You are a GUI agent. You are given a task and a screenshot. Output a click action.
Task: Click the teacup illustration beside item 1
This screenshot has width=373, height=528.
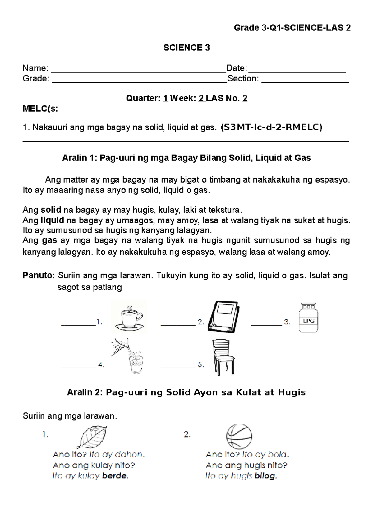click(x=129, y=317)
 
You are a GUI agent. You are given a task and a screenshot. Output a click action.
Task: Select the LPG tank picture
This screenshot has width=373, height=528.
click(x=308, y=318)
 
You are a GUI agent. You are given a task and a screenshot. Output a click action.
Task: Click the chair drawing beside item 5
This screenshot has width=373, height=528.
click(x=223, y=357)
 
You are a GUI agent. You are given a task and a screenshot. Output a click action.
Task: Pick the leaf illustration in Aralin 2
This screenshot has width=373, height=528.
click(x=92, y=437)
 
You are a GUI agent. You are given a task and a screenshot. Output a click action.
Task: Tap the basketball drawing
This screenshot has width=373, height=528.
click(x=239, y=436)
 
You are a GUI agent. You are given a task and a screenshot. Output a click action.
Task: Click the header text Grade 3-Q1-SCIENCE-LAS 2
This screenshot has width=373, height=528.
click(x=292, y=28)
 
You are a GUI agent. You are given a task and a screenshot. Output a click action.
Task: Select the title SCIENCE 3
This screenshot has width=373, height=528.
click(x=186, y=48)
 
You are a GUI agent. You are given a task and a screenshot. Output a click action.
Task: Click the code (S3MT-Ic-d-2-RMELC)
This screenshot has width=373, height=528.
click(x=271, y=127)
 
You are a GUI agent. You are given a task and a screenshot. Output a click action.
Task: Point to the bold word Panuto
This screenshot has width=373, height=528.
click(x=37, y=276)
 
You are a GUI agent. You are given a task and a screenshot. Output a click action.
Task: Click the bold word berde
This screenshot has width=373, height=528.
click(x=114, y=476)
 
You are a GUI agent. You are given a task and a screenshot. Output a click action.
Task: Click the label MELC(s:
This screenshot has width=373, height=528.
click(x=40, y=109)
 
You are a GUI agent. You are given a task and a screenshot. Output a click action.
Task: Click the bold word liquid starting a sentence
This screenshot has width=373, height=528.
click(x=52, y=220)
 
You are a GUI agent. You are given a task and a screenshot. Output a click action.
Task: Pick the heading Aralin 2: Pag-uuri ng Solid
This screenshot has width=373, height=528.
click(x=186, y=392)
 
